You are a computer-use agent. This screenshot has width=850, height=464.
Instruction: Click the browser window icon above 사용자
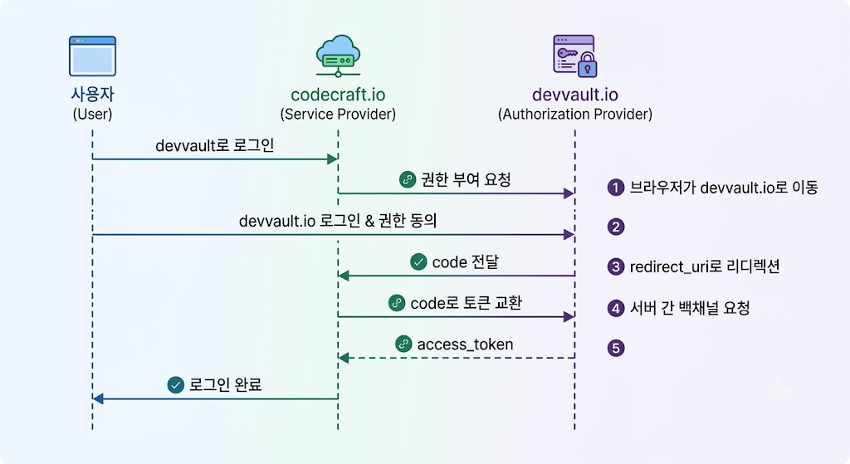tap(92, 56)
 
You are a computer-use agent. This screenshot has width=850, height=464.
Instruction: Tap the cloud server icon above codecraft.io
tap(339, 56)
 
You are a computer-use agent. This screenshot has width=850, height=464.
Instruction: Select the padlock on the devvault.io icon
tap(587, 65)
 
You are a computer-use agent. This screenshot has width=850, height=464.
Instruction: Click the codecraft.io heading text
tap(338, 95)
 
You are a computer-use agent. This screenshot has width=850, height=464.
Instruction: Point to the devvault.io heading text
tap(574, 95)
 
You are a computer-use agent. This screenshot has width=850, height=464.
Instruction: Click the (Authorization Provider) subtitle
tap(574, 114)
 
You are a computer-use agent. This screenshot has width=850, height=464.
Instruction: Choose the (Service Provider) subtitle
tap(338, 114)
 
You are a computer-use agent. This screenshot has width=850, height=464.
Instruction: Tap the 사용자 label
tap(92, 94)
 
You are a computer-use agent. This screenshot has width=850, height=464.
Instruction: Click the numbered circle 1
tap(616, 188)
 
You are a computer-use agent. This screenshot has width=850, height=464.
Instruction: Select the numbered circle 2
tap(616, 227)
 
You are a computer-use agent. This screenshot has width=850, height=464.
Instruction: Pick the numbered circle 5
tap(616, 348)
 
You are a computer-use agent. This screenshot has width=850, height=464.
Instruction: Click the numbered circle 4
tap(616, 309)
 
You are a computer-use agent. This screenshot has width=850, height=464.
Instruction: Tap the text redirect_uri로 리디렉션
tap(705, 266)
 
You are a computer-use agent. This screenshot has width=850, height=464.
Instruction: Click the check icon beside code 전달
tap(418, 261)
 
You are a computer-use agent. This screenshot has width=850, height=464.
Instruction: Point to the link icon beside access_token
tap(403, 344)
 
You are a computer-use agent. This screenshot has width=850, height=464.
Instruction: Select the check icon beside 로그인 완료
tap(176, 385)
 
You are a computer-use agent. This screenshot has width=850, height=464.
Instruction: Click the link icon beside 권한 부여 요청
tap(407, 179)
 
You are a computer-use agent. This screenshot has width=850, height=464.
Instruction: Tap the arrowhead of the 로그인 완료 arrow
tap(98, 399)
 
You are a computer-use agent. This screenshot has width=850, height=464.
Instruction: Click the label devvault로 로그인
tap(215, 145)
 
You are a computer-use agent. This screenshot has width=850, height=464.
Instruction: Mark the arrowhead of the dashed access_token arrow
tap(343, 358)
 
